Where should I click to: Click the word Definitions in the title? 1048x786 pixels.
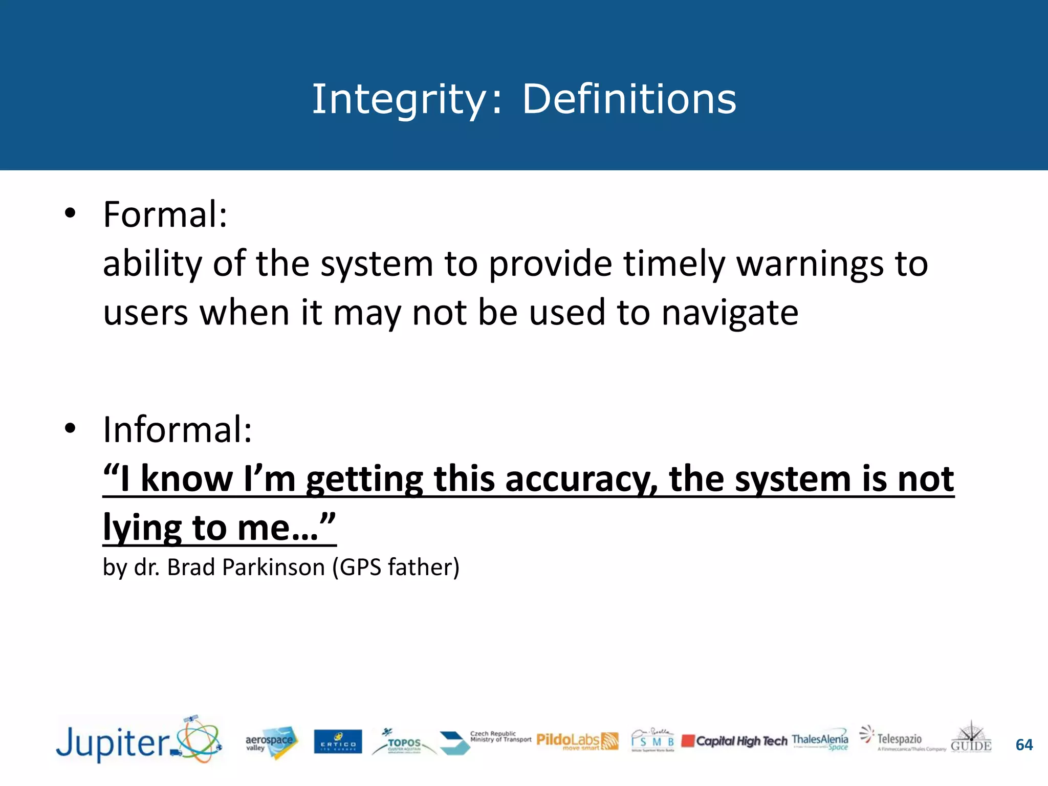tap(629, 99)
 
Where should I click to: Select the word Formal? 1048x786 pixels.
tap(165, 214)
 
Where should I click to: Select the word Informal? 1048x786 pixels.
tap(177, 430)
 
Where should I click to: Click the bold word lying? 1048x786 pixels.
tap(142, 528)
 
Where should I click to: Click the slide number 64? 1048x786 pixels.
tap(1024, 745)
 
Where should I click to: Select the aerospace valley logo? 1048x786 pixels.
tap(271, 742)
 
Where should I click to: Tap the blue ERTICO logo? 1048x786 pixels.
tap(338, 742)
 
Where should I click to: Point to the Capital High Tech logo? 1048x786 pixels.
tap(734, 741)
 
